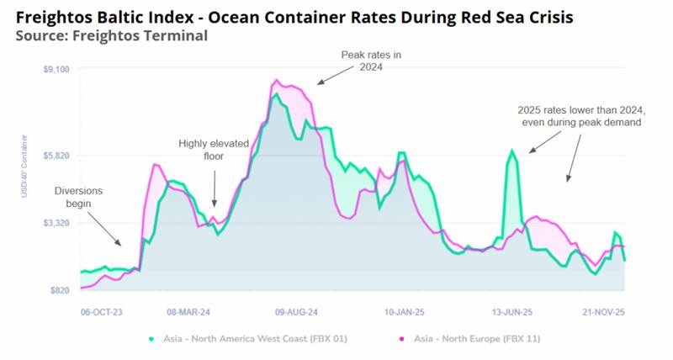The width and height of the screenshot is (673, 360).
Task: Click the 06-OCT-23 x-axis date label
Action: [101, 310]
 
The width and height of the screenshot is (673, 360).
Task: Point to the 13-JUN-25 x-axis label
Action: [512, 310]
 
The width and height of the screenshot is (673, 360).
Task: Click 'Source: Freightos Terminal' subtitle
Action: [111, 35]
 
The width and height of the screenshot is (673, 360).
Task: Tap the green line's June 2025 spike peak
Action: [511, 151]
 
